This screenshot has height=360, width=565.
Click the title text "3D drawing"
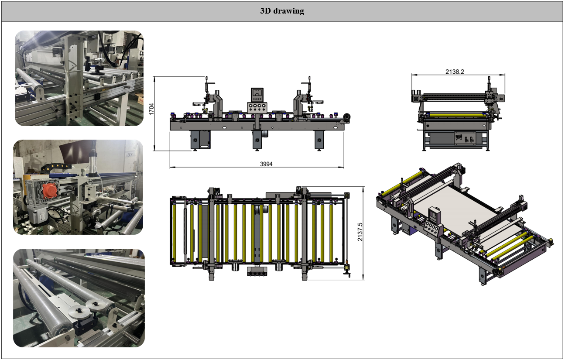(282, 11)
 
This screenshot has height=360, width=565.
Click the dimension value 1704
(151, 109)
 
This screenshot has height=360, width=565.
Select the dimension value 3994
(266, 164)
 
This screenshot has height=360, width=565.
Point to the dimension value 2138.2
(455, 72)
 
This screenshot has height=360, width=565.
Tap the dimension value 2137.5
(360, 232)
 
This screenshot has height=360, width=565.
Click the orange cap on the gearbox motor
(50, 191)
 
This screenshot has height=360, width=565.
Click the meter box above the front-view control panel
(257, 95)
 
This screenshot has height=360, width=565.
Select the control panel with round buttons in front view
(257, 108)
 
